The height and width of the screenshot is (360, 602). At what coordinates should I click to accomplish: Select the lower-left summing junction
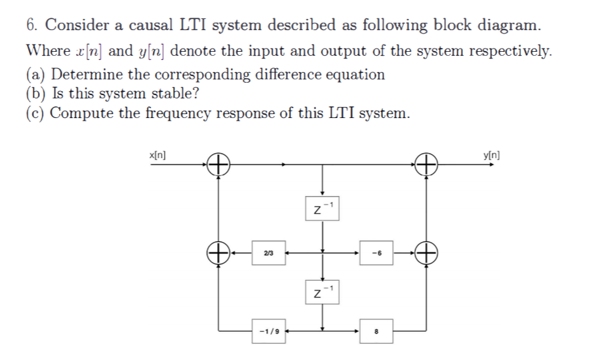(x=219, y=251)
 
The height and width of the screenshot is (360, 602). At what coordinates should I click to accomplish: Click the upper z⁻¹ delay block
(x=323, y=207)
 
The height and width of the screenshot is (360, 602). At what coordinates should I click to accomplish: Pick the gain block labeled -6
(x=376, y=252)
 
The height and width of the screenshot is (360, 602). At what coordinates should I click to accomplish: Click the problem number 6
(x=31, y=26)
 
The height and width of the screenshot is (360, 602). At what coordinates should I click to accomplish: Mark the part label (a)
(x=37, y=74)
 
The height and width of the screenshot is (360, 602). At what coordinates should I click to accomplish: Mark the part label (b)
(x=37, y=93)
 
